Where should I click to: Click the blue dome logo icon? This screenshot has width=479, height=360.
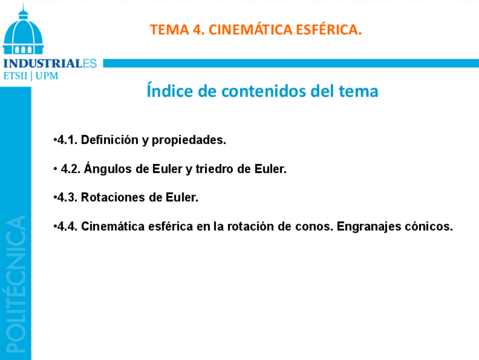pyautogui.click(x=23, y=29)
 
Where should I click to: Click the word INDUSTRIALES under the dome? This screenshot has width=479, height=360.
pyautogui.click(x=50, y=63)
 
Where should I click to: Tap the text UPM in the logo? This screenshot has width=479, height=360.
pyautogui.click(x=47, y=76)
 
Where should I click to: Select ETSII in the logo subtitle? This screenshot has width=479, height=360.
pyautogui.click(x=15, y=76)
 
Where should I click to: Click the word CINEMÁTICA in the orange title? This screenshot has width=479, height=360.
pyautogui.click(x=250, y=29)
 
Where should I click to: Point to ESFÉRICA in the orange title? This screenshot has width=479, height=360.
pyautogui.click(x=329, y=29)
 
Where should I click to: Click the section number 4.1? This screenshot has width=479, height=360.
pyautogui.click(x=67, y=140)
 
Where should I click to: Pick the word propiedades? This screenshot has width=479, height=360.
pyautogui.click(x=189, y=141)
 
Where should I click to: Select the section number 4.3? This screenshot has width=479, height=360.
pyautogui.click(x=67, y=197)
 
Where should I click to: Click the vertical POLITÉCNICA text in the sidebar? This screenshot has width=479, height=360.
pyautogui.click(x=16, y=284)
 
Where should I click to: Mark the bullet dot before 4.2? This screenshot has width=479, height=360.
pyautogui.click(x=55, y=169)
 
